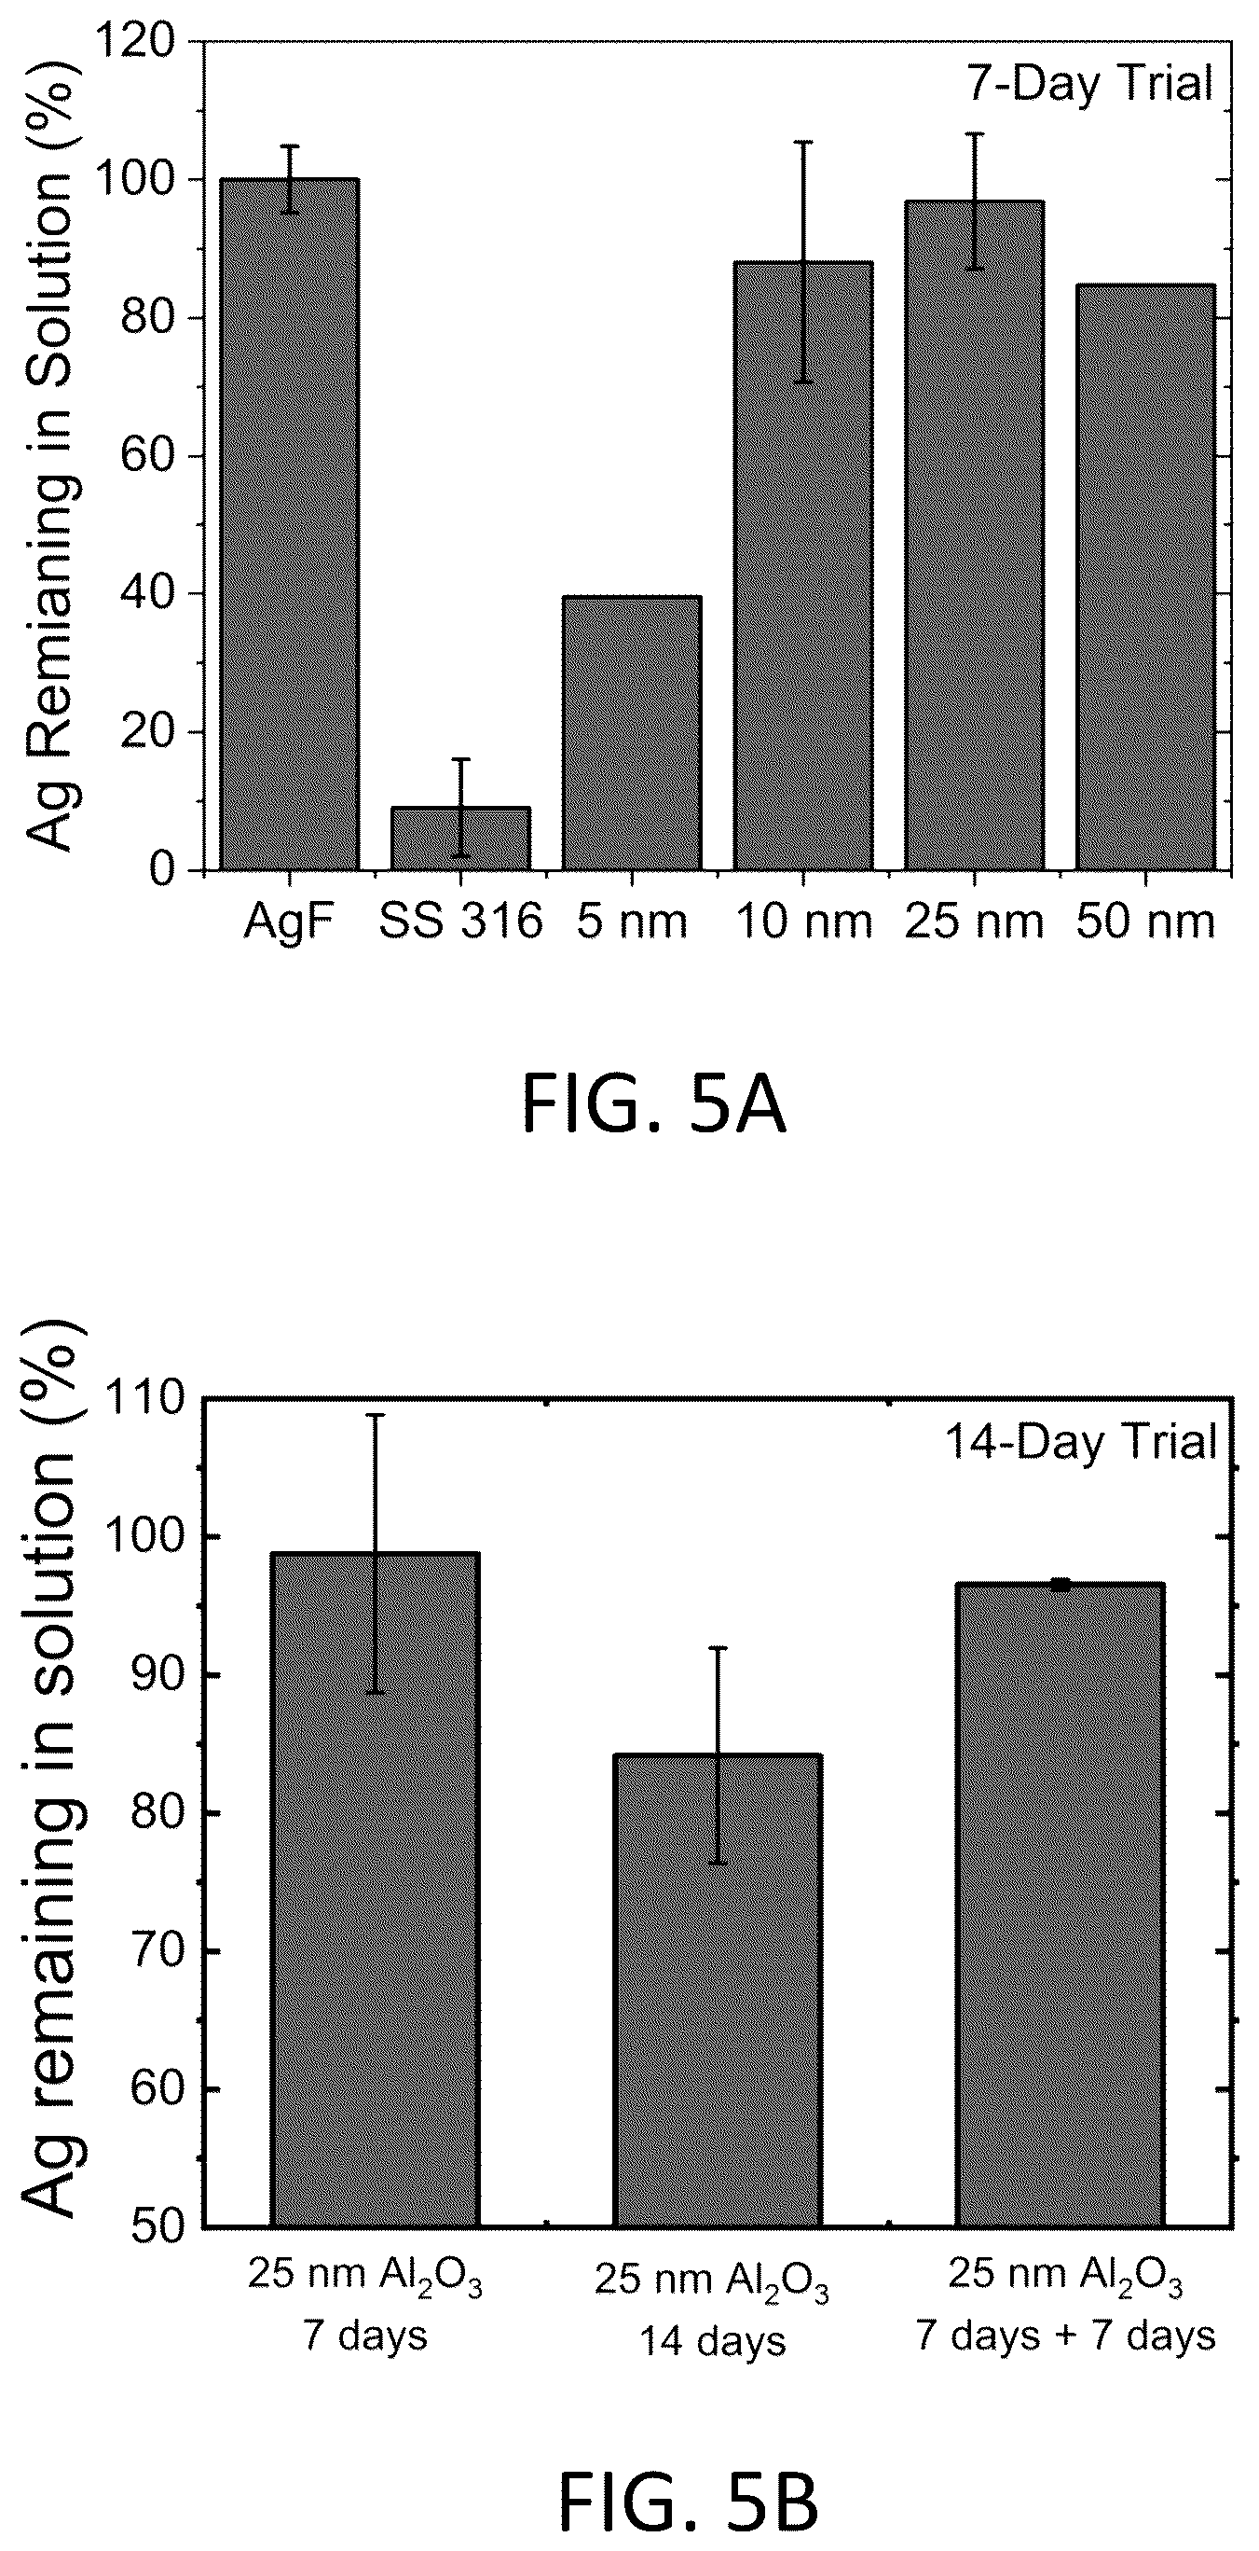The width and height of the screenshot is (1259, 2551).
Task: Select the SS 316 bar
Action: coord(461,839)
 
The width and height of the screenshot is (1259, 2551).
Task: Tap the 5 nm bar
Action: coord(632,734)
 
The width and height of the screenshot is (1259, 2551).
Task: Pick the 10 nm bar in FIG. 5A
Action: coord(802,566)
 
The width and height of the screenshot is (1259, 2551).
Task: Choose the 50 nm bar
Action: coord(1145,578)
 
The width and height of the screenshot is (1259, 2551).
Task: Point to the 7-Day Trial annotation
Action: coord(1088,83)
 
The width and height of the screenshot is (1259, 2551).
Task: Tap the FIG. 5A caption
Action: coord(653,1108)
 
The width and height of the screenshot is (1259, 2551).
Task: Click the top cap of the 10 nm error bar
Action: coord(802,142)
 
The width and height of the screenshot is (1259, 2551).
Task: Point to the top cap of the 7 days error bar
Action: coord(376,1414)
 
